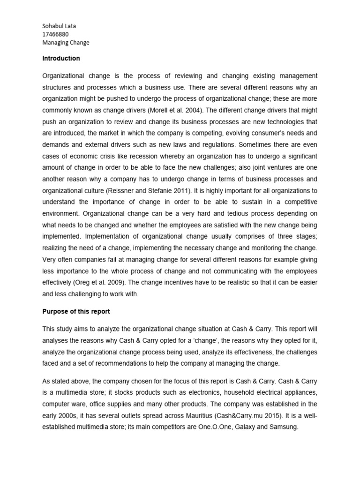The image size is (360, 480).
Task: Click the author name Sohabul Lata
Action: [x=59, y=26]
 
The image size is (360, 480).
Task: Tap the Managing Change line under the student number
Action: [x=66, y=43]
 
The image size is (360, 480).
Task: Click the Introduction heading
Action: [x=61, y=59]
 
